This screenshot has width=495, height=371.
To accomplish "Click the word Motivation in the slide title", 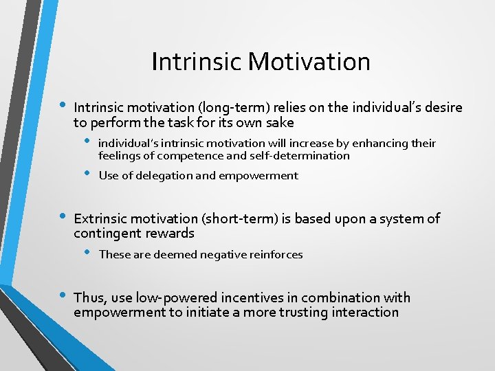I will click(x=309, y=62).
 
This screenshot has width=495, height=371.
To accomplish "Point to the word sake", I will click(x=281, y=123).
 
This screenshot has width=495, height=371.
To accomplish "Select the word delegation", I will click(x=164, y=175).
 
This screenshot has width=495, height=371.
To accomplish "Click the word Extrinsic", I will click(x=100, y=218).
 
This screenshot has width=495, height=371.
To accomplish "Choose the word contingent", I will click(x=105, y=234).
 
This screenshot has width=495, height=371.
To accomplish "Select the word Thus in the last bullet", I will click(x=87, y=297).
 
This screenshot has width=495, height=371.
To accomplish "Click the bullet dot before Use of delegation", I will click(x=87, y=175).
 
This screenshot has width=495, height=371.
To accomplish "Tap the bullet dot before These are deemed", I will click(x=87, y=254).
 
